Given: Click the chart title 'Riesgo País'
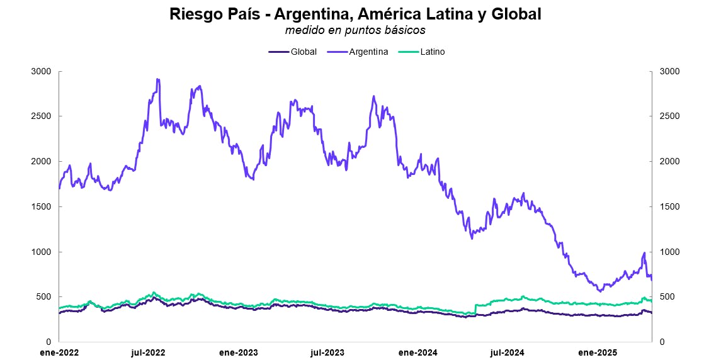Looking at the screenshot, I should click(x=355, y=14).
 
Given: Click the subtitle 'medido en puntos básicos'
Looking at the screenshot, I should click(x=355, y=30).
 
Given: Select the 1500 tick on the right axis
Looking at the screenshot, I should click(x=669, y=206).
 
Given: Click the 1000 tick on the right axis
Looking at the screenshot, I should click(x=669, y=252).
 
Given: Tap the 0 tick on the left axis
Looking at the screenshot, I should click(x=48, y=342).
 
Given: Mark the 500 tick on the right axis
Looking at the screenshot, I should click(x=667, y=297).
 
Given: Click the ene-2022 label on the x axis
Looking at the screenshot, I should click(x=59, y=352).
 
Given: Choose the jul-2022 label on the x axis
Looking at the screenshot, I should click(x=148, y=352).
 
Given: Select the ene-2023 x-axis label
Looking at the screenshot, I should click(x=238, y=352).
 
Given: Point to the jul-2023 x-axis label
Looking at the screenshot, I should click(x=327, y=352).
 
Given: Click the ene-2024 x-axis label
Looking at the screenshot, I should click(x=417, y=352).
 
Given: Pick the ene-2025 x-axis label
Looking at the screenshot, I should click(x=596, y=352).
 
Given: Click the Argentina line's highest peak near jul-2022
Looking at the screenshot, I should click(x=157, y=80).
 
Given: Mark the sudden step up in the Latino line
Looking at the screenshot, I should click(x=475, y=308).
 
